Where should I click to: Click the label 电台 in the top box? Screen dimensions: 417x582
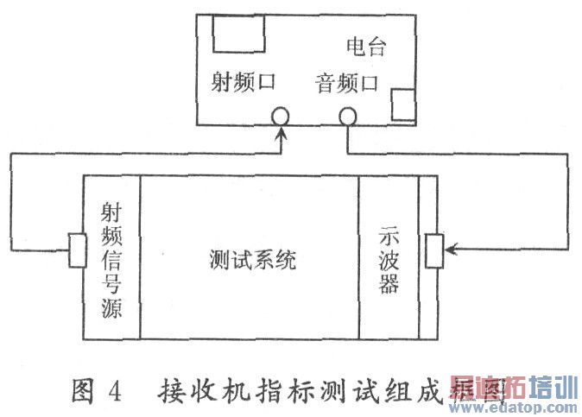click(x=366, y=47)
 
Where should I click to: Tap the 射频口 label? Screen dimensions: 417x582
click(x=243, y=84)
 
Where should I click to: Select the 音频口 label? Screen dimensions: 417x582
click(x=347, y=84)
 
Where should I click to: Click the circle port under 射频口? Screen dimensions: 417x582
click(x=280, y=116)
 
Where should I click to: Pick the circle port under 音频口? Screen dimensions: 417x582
click(x=348, y=116)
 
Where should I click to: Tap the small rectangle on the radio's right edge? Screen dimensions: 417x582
click(x=403, y=104)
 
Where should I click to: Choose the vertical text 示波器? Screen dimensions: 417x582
click(x=389, y=259)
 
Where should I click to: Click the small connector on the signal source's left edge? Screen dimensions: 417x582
click(x=76, y=250)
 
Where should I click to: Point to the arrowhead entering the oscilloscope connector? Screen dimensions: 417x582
click(x=448, y=250)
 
